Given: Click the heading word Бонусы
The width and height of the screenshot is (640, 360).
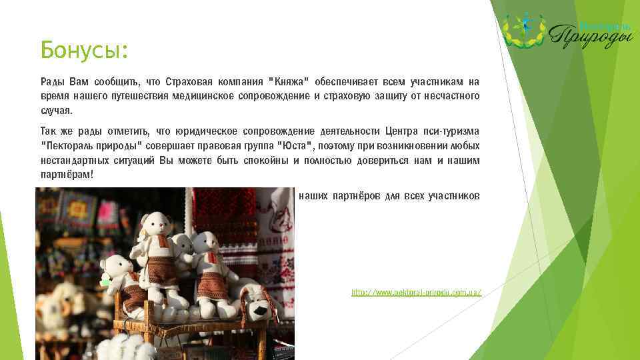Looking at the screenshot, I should point(83,49).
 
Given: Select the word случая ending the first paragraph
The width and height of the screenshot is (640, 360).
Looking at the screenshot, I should point(55,111).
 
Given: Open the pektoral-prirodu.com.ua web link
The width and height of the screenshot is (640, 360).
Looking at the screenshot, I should point(416,293).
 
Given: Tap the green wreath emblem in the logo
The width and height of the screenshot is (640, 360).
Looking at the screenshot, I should point(523,30).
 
